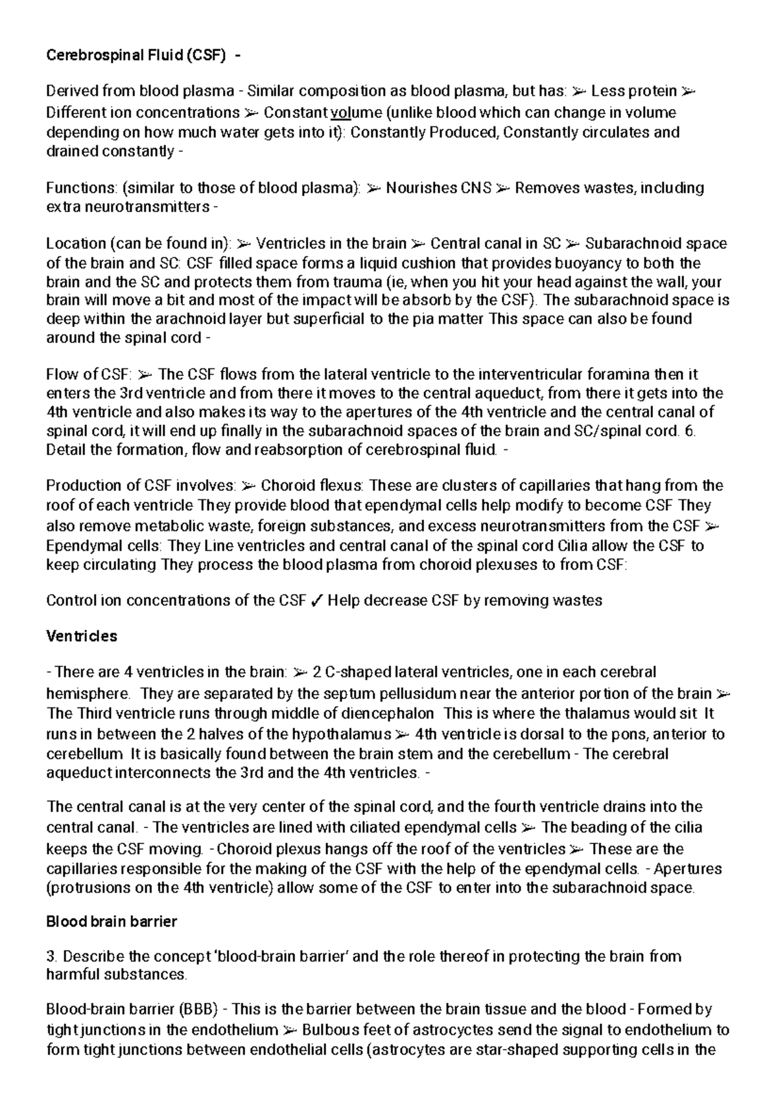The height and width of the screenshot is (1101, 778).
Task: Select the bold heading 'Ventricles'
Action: (x=82, y=636)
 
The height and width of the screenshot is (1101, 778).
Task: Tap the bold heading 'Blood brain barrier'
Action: (x=112, y=921)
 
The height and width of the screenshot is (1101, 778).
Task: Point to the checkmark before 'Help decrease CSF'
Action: (x=317, y=600)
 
